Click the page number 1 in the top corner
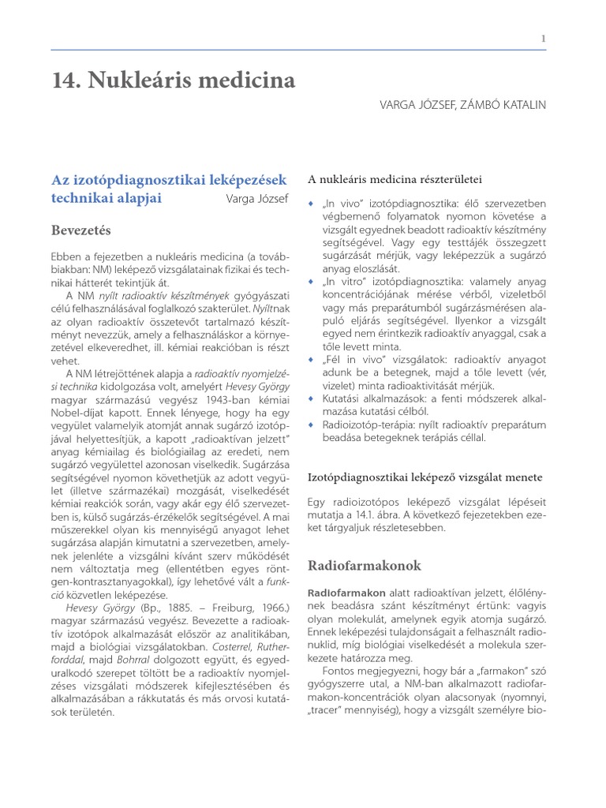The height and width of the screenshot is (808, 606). tap(543, 39)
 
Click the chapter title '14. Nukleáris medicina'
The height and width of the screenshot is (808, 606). tap(174, 80)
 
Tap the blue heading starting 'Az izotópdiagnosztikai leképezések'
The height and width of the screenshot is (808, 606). tap(170, 180)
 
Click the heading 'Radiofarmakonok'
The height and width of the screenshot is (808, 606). tap(365, 566)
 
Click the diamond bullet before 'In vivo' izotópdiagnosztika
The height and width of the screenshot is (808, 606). tap(310, 204)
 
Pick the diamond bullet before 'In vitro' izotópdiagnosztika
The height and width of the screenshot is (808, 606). tap(310, 281)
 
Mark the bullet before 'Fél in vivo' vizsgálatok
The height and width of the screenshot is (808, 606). tap(310, 358)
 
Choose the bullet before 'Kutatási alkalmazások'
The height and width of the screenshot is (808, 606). tap(310, 398)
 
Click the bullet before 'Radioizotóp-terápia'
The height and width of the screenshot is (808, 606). tap(310, 424)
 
